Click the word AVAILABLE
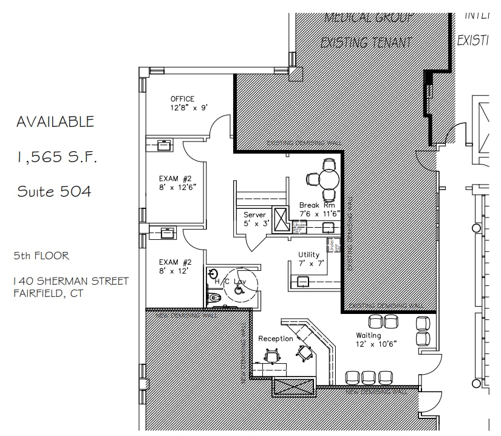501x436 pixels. [55, 122]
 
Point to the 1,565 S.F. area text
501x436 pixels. [56, 157]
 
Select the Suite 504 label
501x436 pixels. [54, 192]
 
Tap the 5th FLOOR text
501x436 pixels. [41, 256]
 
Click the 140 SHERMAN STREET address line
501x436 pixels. [71, 281]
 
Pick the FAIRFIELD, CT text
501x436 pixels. [48, 294]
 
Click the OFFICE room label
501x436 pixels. [182, 99]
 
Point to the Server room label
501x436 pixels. [255, 215]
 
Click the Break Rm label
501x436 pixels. [317, 206]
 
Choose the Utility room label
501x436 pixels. [309, 254]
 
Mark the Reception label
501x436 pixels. [276, 338]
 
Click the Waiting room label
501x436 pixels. [369, 335]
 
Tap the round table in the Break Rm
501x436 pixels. [329, 179]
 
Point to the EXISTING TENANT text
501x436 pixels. [366, 43]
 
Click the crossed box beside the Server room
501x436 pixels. [281, 219]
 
